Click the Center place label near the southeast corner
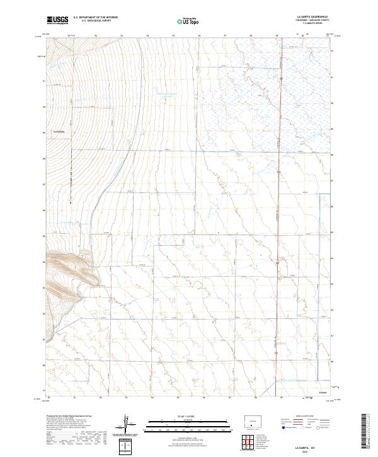323,391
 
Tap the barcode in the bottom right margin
367,435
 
